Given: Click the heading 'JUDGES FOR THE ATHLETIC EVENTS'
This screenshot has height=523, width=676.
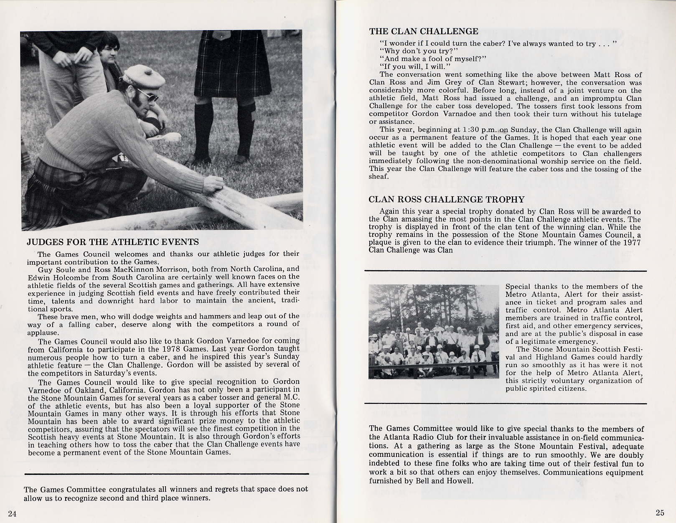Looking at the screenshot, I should [113, 242].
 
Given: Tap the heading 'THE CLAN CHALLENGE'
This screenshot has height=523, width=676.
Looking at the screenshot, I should [424, 31].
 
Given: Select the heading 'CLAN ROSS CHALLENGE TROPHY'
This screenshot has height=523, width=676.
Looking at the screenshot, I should [446, 200].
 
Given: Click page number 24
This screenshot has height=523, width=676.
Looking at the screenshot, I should [12, 514].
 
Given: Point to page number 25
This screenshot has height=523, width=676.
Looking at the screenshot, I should [660, 513].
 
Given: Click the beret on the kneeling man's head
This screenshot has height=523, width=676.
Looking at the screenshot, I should [144, 76].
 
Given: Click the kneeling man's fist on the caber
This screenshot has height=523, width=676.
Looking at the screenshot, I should [213, 184].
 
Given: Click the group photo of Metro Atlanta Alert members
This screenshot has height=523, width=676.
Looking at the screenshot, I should [434, 332].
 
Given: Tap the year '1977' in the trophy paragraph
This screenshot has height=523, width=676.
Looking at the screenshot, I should [631, 243].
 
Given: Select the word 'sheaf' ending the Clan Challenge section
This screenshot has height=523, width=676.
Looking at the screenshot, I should [379, 177].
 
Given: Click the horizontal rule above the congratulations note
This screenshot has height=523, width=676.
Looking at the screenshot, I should [167, 474].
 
